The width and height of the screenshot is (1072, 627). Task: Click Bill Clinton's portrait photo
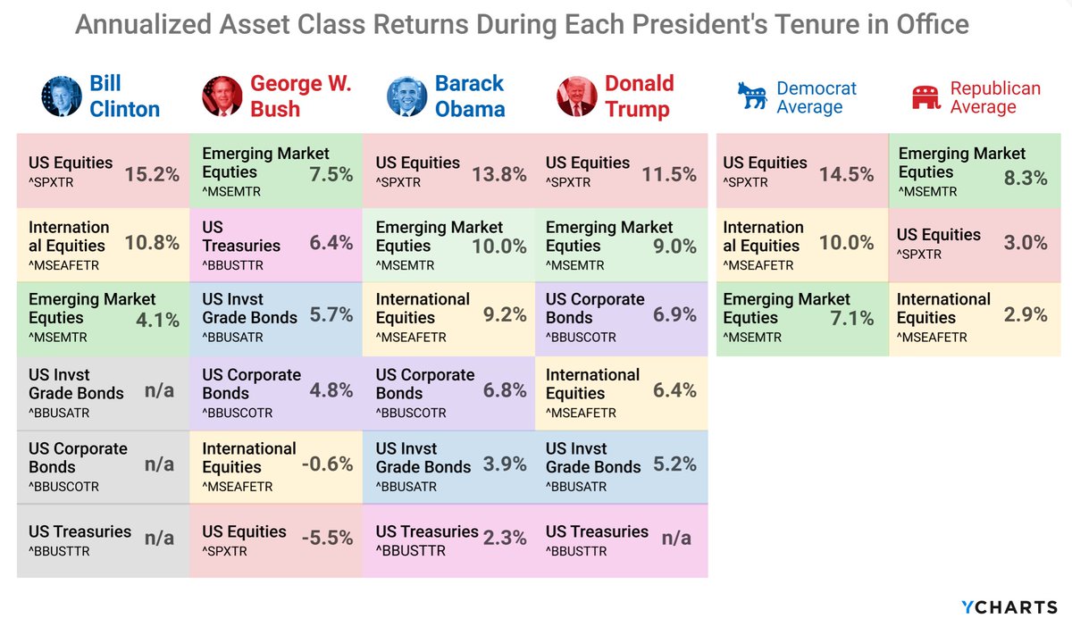[62, 96]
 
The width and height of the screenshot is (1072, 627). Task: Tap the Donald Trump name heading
[639, 96]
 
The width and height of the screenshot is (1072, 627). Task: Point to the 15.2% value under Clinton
[152, 174]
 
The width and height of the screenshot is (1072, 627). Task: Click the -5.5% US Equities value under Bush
[327, 539]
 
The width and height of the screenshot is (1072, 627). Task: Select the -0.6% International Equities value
[327, 464]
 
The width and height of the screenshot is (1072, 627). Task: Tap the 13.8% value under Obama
[498, 174]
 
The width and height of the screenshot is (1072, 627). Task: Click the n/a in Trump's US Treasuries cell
[676, 539]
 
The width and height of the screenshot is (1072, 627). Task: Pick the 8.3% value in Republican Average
[1026, 178]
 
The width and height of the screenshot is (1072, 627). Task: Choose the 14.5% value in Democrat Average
[846, 174]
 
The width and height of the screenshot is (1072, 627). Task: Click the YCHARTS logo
[1009, 607]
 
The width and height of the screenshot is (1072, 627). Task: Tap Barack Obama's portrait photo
[406, 96]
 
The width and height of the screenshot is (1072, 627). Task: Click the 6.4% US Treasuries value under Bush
[330, 242]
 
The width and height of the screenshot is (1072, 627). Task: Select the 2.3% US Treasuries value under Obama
[505, 539]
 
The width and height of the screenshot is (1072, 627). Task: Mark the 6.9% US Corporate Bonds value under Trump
[674, 315]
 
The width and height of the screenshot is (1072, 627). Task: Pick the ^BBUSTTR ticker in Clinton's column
[59, 551]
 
